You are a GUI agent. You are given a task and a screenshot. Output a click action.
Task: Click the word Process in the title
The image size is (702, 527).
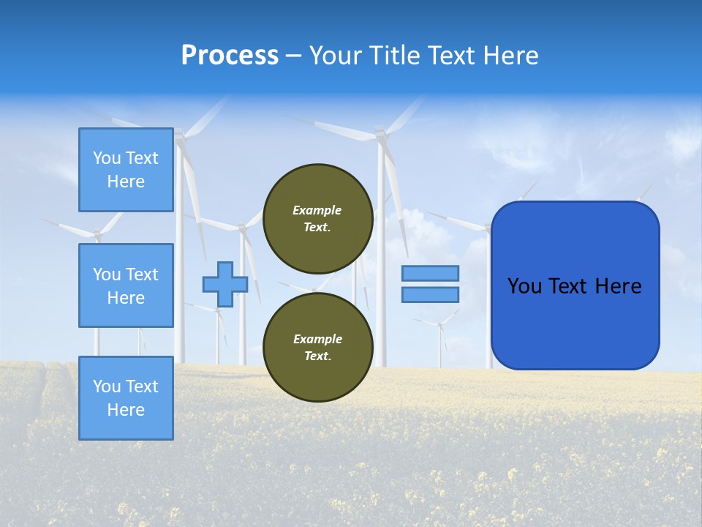(x=230, y=56)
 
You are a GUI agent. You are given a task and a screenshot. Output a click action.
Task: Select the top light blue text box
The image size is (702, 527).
(x=126, y=170)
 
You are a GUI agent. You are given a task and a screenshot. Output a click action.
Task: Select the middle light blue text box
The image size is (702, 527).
(x=126, y=285)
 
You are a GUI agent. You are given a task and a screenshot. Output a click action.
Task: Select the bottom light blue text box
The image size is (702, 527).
(x=126, y=397)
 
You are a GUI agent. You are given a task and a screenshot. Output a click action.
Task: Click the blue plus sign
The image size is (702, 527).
(x=224, y=284)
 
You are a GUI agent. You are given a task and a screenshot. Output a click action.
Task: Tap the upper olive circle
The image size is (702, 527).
(x=317, y=218)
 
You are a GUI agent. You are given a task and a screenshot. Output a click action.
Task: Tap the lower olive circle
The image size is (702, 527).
(x=317, y=347)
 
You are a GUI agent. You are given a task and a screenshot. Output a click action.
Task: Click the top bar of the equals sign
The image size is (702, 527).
(x=430, y=273)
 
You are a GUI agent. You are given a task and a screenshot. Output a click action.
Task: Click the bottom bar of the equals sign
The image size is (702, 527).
(x=430, y=294)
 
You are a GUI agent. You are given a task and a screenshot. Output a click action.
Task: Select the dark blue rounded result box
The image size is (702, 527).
(x=575, y=285)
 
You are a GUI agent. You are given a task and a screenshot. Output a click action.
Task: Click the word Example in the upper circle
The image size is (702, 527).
(x=317, y=210)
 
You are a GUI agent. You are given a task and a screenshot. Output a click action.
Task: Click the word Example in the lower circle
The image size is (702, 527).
(x=317, y=339)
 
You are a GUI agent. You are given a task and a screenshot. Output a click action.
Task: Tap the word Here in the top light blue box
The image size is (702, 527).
(x=126, y=182)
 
